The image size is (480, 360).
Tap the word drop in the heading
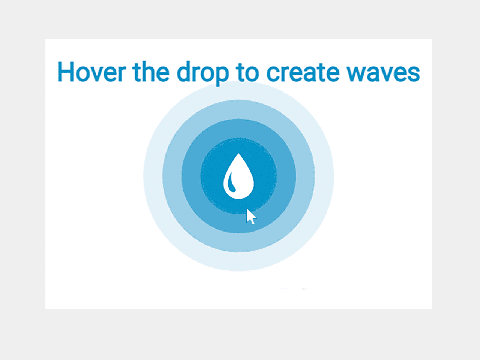(x=202, y=73)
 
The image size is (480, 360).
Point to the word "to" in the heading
(x=247, y=73)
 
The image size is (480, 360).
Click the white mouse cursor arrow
(x=250, y=217)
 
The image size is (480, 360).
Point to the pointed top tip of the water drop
(x=239, y=154)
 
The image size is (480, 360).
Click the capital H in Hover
(x=65, y=72)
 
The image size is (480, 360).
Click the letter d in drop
(x=184, y=72)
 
